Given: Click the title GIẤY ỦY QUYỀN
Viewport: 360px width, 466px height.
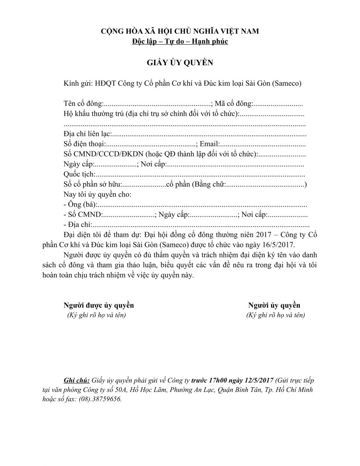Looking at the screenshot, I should point(180,63).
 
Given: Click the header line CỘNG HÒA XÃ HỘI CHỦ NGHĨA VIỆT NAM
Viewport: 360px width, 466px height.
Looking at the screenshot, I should point(180,31).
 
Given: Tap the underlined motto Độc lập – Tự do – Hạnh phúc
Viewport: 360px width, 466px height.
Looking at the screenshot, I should point(180,42).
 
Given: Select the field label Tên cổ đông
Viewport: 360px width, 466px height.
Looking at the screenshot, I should point(83,104).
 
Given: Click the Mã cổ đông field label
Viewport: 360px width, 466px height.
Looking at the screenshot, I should point(233,104).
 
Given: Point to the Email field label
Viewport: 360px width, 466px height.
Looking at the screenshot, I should point(210,144).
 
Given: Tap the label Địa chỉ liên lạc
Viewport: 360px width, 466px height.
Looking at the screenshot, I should point(88,134).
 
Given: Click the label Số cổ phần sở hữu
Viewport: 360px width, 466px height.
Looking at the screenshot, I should point(93,184).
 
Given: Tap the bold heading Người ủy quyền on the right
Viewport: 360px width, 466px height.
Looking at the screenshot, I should point(274,305).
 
